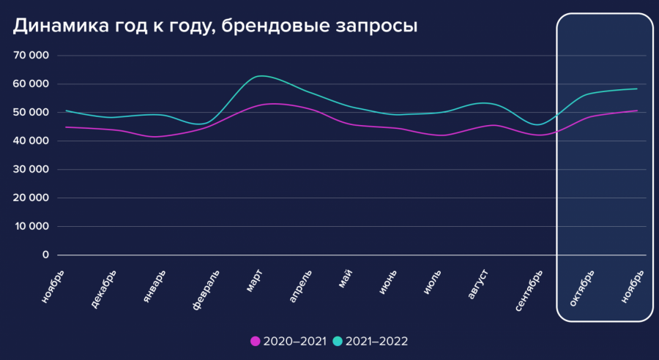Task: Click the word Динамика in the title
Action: tap(56, 26)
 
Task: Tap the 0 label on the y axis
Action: tap(45, 255)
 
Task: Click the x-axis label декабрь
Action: tap(105, 288)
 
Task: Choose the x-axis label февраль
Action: tap(206, 290)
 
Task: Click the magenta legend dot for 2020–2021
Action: tap(256, 341)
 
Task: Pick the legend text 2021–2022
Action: tap(376, 341)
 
